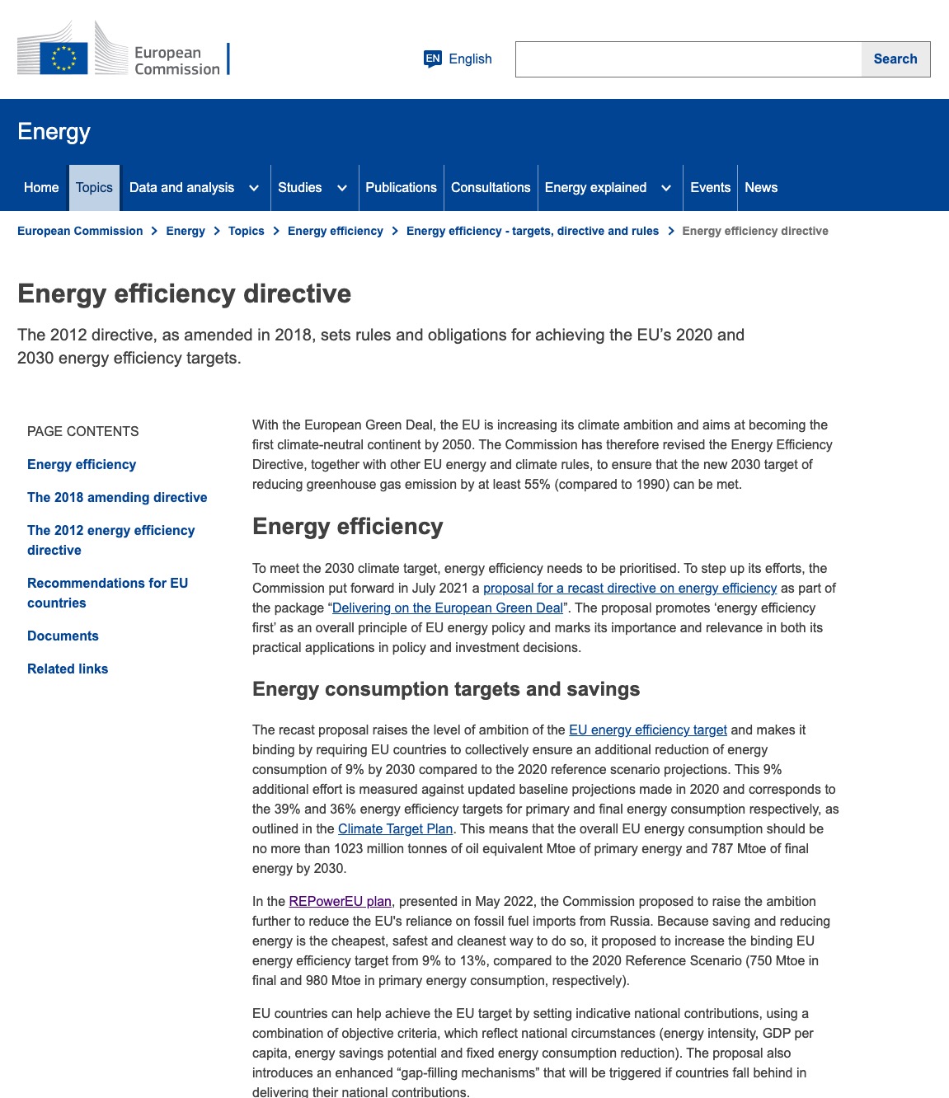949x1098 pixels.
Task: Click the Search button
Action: pos(895,59)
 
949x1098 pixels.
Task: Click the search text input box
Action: pos(688,59)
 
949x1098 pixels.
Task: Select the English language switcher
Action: pos(458,59)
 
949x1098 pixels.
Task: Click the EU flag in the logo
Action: pos(63,58)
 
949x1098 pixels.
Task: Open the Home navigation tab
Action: pos(41,188)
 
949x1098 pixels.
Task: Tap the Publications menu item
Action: pos(401,188)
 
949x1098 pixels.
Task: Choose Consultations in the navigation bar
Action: pos(491,188)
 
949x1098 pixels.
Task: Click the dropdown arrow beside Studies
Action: pos(342,188)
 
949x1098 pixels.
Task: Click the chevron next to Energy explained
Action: pos(666,188)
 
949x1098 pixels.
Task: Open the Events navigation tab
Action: pos(710,188)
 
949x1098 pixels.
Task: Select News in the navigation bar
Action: pos(761,188)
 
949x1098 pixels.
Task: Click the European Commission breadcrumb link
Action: pos(80,231)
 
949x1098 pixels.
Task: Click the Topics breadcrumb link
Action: pos(247,231)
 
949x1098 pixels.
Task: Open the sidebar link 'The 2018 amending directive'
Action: pos(117,497)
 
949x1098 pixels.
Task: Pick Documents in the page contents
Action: pos(63,636)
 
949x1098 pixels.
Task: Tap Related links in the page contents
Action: pos(68,669)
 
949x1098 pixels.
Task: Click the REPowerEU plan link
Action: pos(340,901)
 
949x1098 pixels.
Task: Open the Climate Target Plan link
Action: pos(395,828)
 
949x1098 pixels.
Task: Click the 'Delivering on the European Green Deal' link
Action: pos(447,608)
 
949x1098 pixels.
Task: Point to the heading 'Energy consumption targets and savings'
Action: pos(446,689)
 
